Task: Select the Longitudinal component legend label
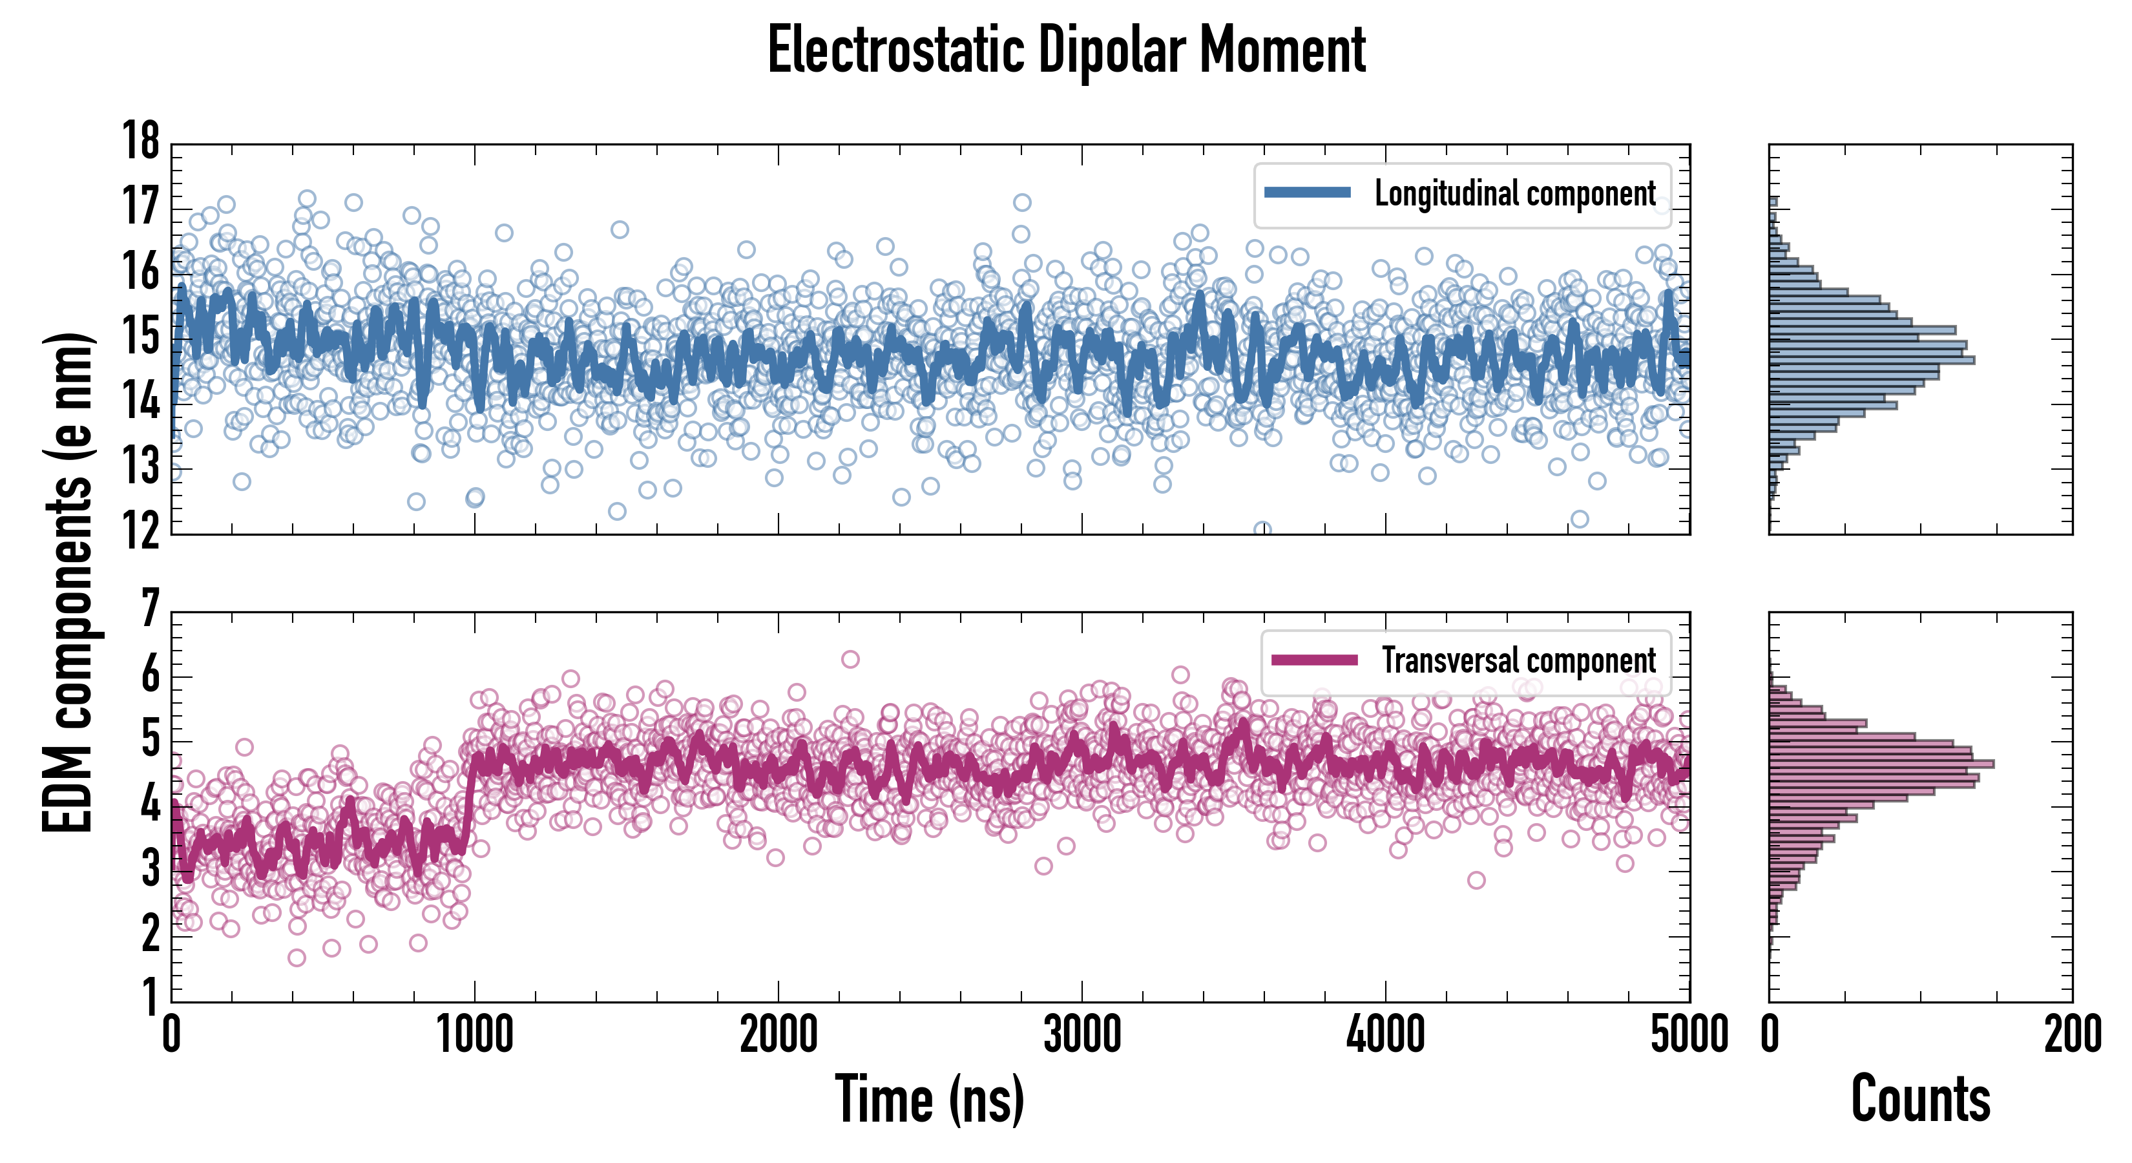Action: coord(1514,194)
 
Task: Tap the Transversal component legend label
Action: coord(1519,660)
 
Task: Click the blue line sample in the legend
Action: coord(1308,193)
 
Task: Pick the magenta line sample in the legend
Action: coord(1314,660)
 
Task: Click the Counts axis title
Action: coord(1920,1099)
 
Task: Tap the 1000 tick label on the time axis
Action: coord(474,1034)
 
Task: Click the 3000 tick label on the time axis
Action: coord(1082,1034)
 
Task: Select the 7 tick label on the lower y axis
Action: coord(150,609)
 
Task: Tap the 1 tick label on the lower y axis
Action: coord(150,998)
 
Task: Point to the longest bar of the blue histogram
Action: coord(1870,360)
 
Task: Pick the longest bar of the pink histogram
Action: coord(1881,763)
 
